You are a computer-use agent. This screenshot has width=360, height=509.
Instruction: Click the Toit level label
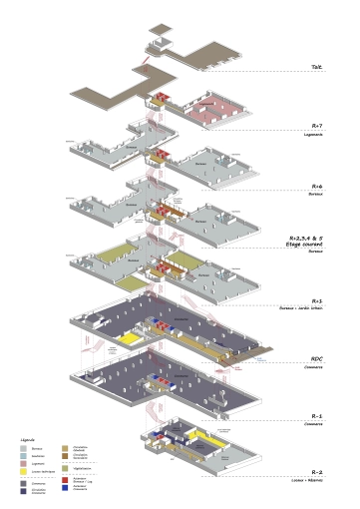point(316,68)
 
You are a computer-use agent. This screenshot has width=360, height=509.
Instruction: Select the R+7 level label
point(316,126)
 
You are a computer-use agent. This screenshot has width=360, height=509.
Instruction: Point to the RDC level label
point(316,359)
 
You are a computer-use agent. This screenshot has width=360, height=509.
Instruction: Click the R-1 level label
point(316,415)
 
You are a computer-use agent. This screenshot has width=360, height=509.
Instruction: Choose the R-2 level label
point(316,470)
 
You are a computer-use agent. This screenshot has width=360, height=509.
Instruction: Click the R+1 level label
point(316,300)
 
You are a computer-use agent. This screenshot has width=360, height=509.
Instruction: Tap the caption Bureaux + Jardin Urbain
point(308,307)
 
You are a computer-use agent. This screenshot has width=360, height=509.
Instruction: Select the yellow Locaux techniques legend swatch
point(23,470)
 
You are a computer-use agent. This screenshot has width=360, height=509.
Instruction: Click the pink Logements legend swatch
point(23,463)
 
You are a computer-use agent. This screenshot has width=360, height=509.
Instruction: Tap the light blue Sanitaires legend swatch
point(23,456)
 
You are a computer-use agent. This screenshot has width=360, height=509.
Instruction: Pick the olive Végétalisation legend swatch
point(65,468)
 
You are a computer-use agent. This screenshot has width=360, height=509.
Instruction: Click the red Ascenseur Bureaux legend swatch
point(65,480)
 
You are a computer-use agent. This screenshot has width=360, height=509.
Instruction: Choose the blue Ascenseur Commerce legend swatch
point(65,488)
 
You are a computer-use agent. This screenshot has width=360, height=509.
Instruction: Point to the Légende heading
point(28,438)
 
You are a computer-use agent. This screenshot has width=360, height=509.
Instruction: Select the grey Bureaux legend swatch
point(23,448)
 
